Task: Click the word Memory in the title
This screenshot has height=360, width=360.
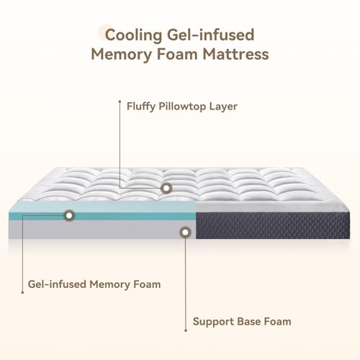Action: click(120, 53)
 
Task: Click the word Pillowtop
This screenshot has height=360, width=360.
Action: click(186, 107)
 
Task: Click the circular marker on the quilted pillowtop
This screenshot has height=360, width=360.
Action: click(166, 188)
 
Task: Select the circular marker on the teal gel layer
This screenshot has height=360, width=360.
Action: click(69, 215)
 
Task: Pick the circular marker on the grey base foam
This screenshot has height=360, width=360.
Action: click(186, 232)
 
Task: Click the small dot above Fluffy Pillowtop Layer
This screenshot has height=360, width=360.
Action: click(119, 102)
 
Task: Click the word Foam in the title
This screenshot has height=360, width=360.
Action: click(177, 53)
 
